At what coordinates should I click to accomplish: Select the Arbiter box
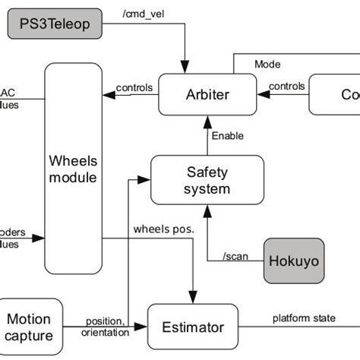207,94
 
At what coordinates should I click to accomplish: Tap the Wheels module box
73,169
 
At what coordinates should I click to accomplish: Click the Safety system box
207,181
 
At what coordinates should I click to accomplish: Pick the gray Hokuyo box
294,261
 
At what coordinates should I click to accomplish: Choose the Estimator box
193,327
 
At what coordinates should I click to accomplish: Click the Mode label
267,65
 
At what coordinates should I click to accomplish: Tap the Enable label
228,136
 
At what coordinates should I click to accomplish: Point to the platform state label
303,317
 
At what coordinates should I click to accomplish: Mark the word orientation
104,331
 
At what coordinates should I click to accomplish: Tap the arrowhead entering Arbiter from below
207,120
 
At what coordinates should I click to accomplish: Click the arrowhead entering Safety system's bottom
207,209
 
